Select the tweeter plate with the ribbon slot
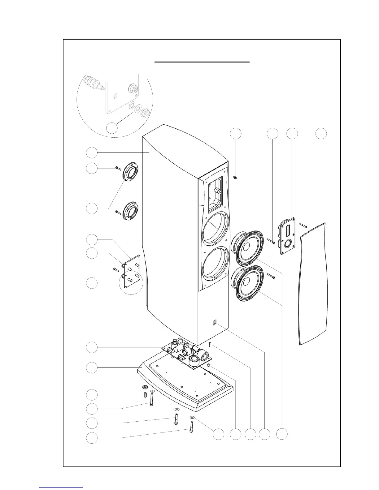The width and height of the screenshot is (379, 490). (x=287, y=236)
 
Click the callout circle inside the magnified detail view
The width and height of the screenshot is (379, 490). (x=112, y=128)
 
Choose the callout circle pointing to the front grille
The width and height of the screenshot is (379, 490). (x=321, y=133)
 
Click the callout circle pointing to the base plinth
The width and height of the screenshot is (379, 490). (x=92, y=368)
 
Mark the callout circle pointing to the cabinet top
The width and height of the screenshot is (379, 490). (x=92, y=153)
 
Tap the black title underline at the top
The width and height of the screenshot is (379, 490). (x=202, y=62)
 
